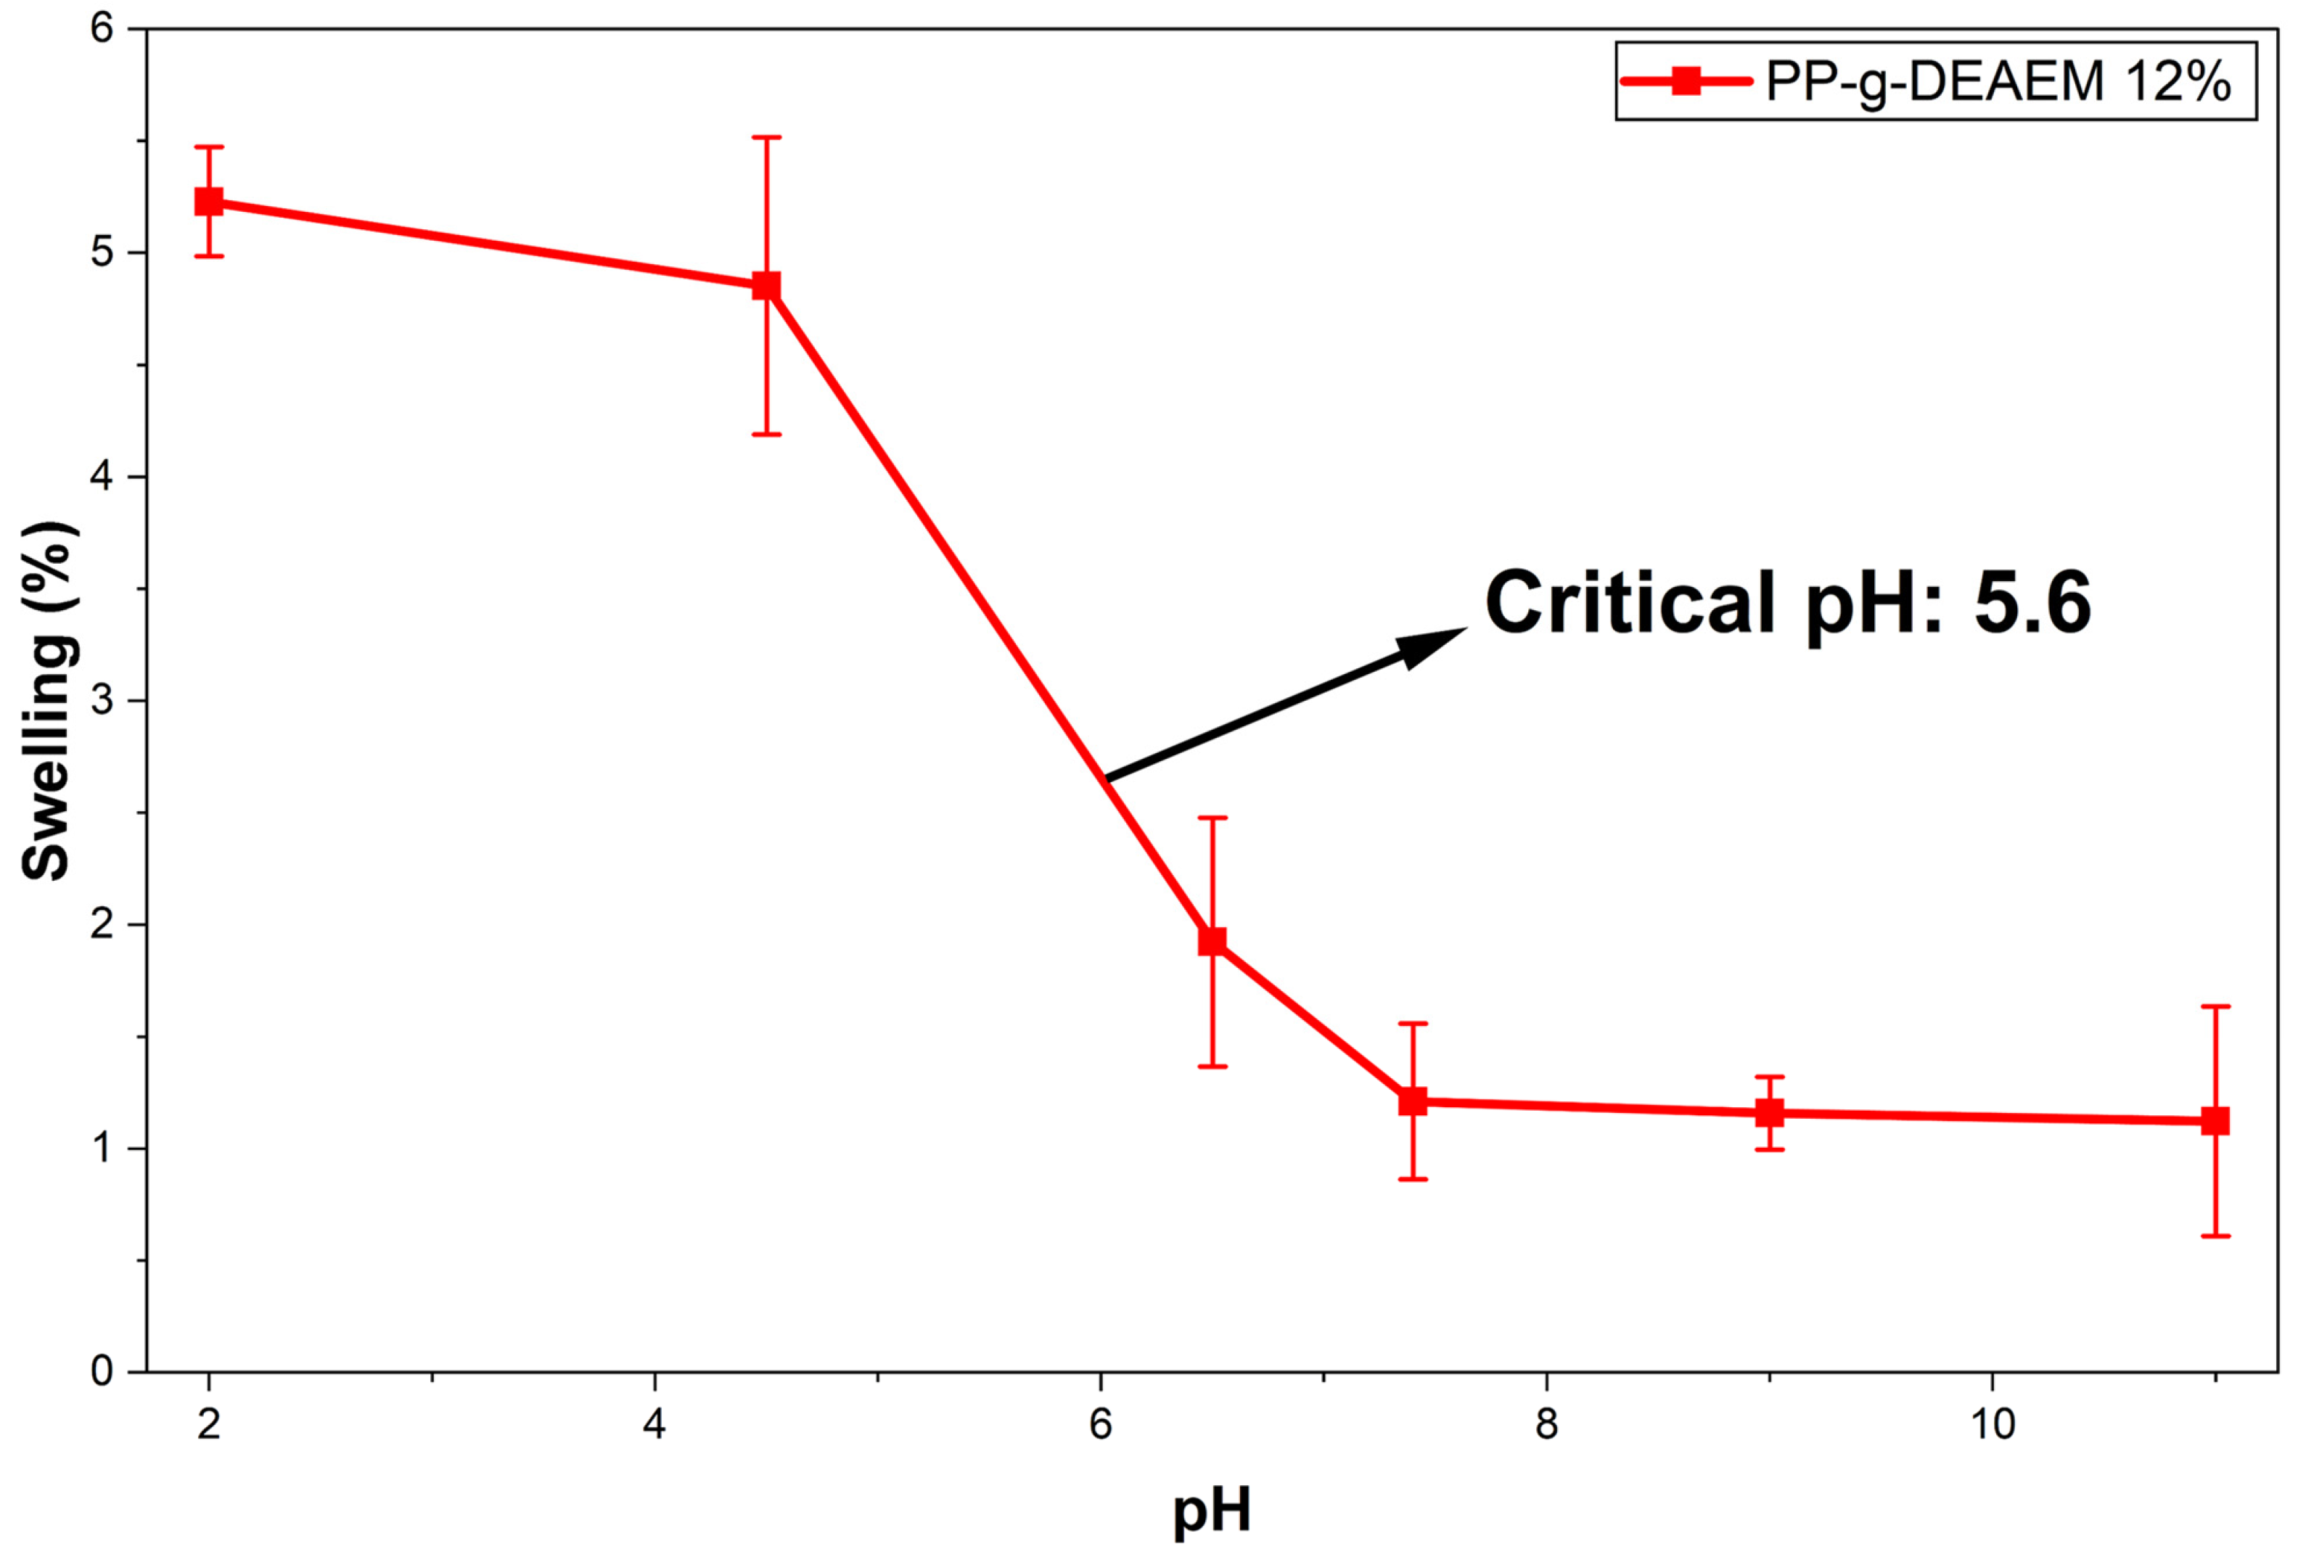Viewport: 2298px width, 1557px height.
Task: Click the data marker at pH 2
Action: pyautogui.click(x=209, y=202)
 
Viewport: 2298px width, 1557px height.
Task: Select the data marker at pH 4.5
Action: pyautogui.click(x=766, y=287)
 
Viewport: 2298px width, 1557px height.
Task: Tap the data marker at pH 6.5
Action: pyautogui.click(x=1212, y=941)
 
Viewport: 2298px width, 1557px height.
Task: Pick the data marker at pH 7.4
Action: pyautogui.click(x=1413, y=1101)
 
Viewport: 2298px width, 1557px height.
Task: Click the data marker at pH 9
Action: pyautogui.click(x=1770, y=1113)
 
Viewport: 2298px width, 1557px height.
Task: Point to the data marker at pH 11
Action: pyautogui.click(x=2215, y=1121)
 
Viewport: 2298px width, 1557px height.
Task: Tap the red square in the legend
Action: pyautogui.click(x=1687, y=81)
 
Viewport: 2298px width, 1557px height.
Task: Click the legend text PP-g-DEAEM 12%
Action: pyautogui.click(x=1998, y=81)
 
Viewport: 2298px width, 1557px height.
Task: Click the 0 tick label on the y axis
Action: pyautogui.click(x=102, y=1372)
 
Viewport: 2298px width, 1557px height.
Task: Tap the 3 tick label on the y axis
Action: pyautogui.click(x=102, y=700)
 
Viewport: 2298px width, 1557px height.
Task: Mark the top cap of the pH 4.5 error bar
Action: pyautogui.click(x=766, y=137)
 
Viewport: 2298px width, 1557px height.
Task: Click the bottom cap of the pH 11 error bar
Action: pyautogui.click(x=2215, y=1236)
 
